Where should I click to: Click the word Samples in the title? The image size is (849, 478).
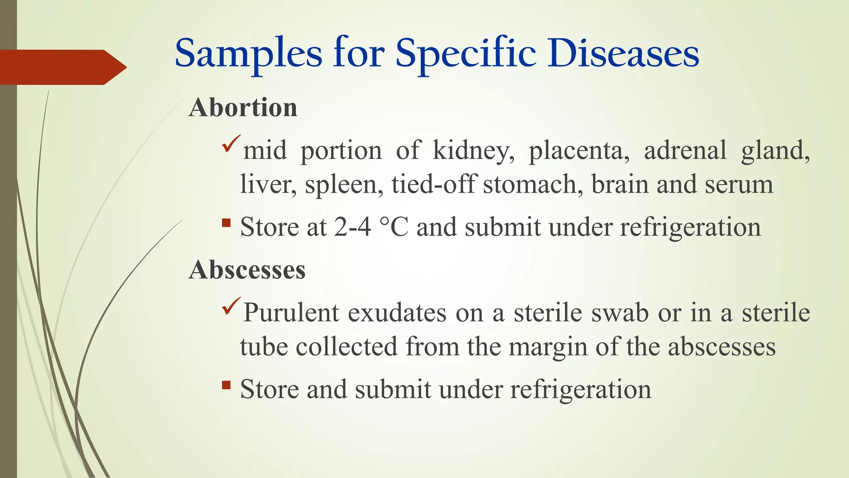coord(248,54)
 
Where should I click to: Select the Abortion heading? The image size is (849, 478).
coord(243,107)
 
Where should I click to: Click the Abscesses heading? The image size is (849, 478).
coord(247,270)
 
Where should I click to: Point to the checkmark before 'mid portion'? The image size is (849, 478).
coord(231,143)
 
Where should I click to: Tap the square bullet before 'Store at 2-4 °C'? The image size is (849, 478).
coord(226,223)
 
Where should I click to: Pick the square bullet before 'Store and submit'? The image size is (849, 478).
coord(226,385)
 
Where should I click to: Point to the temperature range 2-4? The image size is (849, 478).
coord(352,227)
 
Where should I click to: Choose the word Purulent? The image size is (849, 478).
coord(291,312)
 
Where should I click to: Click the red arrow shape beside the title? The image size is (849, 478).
coord(62,67)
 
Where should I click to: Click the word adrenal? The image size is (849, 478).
coord(685,150)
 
